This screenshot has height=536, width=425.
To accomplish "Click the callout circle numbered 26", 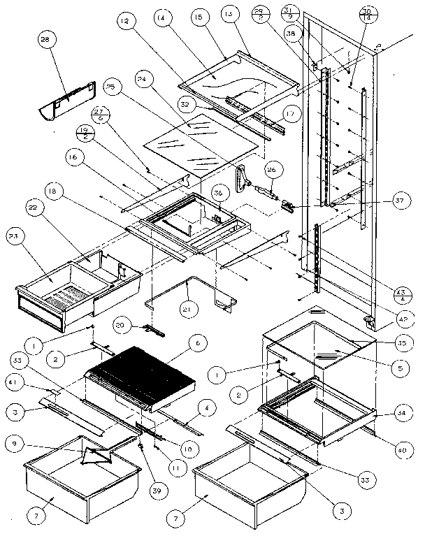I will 273,168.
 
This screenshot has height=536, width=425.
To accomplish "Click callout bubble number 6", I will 198,343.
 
